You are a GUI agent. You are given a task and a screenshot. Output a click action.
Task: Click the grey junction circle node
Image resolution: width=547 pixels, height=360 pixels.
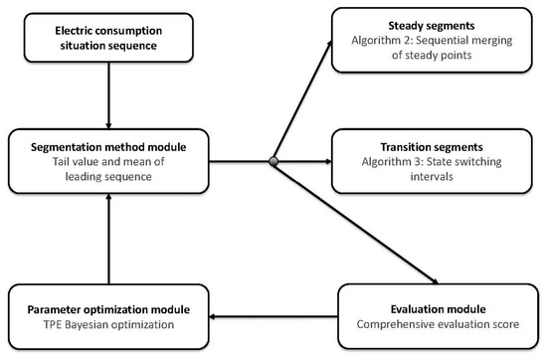point(273,161)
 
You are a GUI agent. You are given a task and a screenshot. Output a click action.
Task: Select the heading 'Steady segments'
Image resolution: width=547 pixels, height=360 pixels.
point(432,26)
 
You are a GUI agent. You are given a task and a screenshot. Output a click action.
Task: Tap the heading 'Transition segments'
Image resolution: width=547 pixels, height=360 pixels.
point(432,147)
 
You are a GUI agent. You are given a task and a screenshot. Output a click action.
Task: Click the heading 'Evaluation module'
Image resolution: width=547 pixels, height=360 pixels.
point(439,309)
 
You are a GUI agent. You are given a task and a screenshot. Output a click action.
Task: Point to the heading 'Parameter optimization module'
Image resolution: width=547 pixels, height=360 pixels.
point(108,309)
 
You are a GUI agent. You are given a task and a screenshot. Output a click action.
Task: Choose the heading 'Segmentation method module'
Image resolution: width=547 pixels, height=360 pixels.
point(108,147)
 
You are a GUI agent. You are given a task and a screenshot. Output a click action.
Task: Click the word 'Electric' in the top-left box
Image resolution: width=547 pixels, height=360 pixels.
point(71,31)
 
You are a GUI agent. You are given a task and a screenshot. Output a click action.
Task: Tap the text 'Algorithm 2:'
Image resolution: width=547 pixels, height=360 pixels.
point(382,40)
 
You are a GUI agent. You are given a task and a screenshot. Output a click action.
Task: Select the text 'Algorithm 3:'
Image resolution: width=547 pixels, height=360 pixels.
point(393,161)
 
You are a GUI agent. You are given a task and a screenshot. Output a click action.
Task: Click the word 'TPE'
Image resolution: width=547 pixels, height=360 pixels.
point(53,324)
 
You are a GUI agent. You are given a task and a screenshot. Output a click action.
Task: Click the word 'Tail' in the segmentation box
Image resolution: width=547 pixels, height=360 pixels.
point(61,161)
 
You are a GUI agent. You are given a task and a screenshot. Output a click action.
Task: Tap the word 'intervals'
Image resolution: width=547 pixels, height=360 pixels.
point(432,176)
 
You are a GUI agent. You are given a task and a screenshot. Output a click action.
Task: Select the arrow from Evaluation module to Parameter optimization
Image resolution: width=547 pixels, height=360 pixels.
point(273,317)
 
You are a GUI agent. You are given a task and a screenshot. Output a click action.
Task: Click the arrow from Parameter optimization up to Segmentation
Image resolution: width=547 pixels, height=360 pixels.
point(108,239)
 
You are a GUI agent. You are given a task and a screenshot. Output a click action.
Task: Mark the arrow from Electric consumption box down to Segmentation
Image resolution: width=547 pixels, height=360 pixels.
point(108,95)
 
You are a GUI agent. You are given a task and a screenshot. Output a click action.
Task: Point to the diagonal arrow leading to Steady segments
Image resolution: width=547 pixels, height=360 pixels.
point(302,100)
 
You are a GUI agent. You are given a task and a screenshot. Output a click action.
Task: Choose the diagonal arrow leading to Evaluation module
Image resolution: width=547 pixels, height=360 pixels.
point(356,223)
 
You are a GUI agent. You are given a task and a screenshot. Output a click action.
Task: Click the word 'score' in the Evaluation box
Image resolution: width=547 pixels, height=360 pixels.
point(507,324)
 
